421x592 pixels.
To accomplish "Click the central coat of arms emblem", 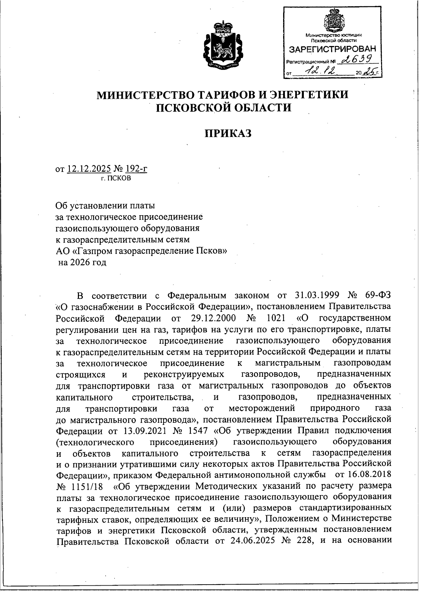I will pyautogui.click(x=223, y=45).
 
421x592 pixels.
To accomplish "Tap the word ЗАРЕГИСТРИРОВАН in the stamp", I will pyautogui.click(x=332, y=49).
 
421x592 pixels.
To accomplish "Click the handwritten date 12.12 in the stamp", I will pyautogui.click(x=320, y=72).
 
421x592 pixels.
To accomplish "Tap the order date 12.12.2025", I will pyautogui.click(x=89, y=169).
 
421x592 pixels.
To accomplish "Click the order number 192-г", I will pyautogui.click(x=136, y=169).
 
